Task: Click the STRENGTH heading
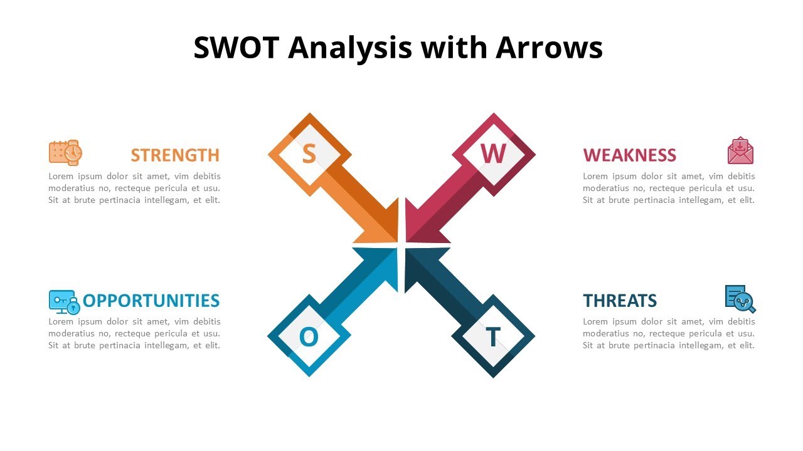click(x=175, y=155)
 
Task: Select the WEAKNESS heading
click(x=629, y=155)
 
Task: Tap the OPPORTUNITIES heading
click(x=151, y=301)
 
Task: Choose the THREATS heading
click(x=620, y=301)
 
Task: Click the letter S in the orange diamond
click(x=309, y=154)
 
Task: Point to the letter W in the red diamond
click(x=493, y=153)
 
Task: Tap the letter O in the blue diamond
click(x=309, y=338)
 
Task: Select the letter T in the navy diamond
click(x=493, y=338)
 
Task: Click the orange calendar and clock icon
click(x=65, y=152)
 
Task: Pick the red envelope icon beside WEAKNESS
click(x=740, y=151)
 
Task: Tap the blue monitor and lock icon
click(x=64, y=301)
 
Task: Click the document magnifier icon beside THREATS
click(x=740, y=299)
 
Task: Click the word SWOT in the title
click(x=235, y=48)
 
